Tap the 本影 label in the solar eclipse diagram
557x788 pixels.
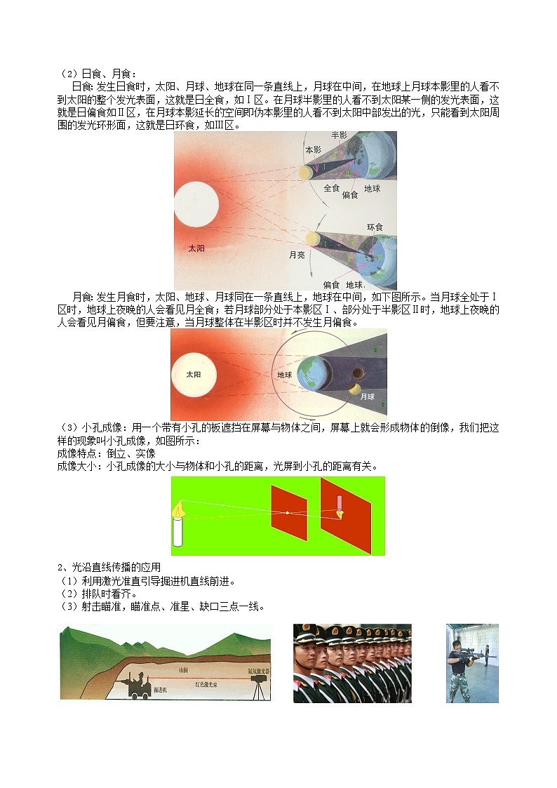pyautogui.click(x=314, y=150)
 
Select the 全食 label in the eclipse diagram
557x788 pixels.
pyautogui.click(x=332, y=188)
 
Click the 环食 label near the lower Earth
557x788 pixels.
pyautogui.click(x=375, y=227)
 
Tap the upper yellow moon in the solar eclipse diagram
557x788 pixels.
pyautogui.click(x=305, y=172)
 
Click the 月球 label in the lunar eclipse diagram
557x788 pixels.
pyautogui.click(x=368, y=396)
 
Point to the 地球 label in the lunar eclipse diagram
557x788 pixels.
pyautogui.click(x=285, y=375)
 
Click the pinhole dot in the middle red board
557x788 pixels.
pyautogui.click(x=288, y=513)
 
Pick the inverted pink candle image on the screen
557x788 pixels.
pyautogui.click(x=340, y=506)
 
